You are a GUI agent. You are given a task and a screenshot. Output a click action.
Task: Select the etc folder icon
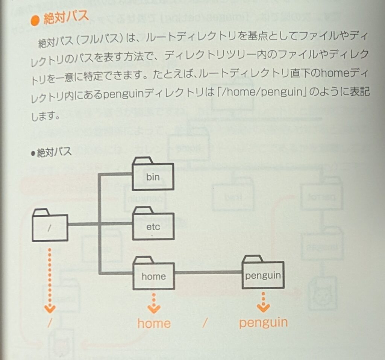[x=153, y=225]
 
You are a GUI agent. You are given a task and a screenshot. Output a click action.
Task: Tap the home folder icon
[x=153, y=275]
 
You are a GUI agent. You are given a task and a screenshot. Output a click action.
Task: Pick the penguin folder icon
[x=263, y=273]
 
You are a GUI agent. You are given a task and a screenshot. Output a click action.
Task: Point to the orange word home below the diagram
[x=154, y=324]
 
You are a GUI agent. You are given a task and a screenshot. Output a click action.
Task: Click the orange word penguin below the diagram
[x=263, y=322]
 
